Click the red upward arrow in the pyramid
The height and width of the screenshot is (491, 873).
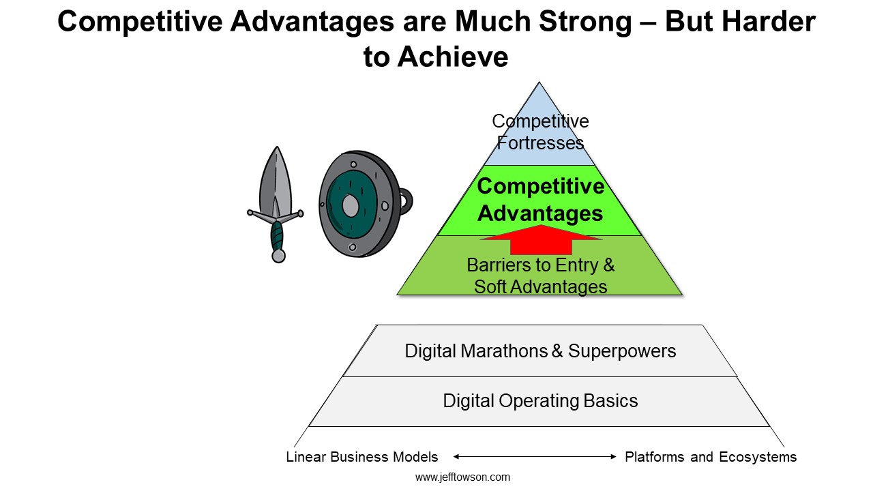coord(541,239)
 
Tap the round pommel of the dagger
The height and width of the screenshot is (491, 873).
coord(278,256)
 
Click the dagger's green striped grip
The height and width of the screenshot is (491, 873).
coord(277,236)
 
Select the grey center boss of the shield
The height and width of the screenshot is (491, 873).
coord(350,206)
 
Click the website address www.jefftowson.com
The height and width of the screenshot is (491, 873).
coord(462,477)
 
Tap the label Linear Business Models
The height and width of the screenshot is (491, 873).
coord(362,457)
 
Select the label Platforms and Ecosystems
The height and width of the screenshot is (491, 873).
coord(711,457)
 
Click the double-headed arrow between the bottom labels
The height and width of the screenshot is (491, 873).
coord(535,456)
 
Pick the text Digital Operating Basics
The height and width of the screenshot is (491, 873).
coord(540,400)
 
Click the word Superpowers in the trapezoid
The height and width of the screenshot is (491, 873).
coord(621,351)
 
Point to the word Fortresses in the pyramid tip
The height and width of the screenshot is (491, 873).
coord(540,143)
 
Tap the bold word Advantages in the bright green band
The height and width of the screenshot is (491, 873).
coord(540,213)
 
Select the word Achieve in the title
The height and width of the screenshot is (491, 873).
coord(453,57)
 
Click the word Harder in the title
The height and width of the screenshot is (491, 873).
coord(769,21)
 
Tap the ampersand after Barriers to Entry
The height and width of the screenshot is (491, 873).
coord(609,265)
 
